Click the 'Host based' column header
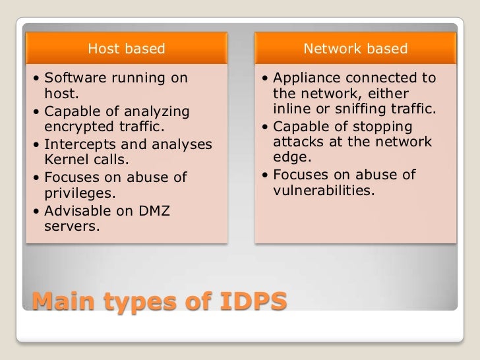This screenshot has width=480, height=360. [126, 48]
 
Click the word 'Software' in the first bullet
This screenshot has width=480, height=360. [73, 78]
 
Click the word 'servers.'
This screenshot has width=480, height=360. [72, 227]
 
